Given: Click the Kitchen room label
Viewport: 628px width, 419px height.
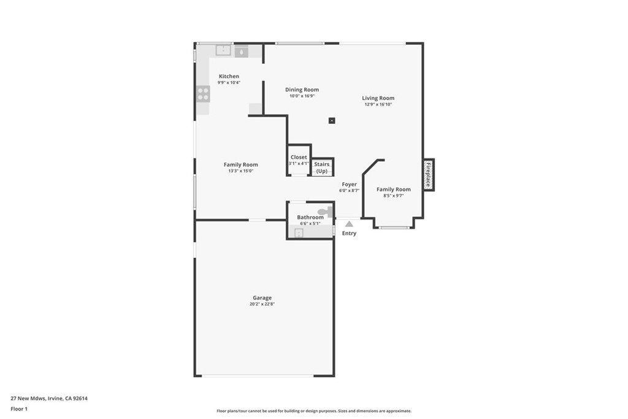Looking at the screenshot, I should tap(229, 76).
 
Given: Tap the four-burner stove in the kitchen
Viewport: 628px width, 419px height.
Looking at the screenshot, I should tap(203, 94).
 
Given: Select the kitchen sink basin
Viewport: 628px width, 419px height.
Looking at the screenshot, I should tap(223, 50).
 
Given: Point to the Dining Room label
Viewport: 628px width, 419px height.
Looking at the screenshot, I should tap(302, 90).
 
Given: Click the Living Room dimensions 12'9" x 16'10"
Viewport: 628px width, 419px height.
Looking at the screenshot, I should tap(378, 104).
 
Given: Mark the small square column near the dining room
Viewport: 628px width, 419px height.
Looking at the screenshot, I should tap(332, 120).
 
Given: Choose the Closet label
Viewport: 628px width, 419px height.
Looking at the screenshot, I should tap(299, 157).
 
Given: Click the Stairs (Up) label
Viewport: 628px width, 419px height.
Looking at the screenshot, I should tap(321, 167).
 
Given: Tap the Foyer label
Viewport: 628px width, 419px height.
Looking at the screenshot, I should tap(349, 184).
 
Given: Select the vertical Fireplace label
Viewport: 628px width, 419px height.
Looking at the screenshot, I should tap(428, 174).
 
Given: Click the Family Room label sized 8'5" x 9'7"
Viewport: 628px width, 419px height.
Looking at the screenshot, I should tap(393, 190).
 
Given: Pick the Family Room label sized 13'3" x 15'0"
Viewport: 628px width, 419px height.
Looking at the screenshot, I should tap(240, 164).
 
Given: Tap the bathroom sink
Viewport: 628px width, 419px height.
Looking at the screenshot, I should tap(299, 233).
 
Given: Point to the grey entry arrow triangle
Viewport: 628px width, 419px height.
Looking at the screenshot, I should tap(349, 224).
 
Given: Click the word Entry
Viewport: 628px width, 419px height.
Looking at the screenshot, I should tap(349, 233).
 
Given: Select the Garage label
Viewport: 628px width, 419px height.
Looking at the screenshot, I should tap(262, 298).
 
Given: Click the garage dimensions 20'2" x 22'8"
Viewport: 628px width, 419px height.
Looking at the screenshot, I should tap(262, 304).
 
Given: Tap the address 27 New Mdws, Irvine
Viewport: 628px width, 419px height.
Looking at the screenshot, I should tap(49, 398).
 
